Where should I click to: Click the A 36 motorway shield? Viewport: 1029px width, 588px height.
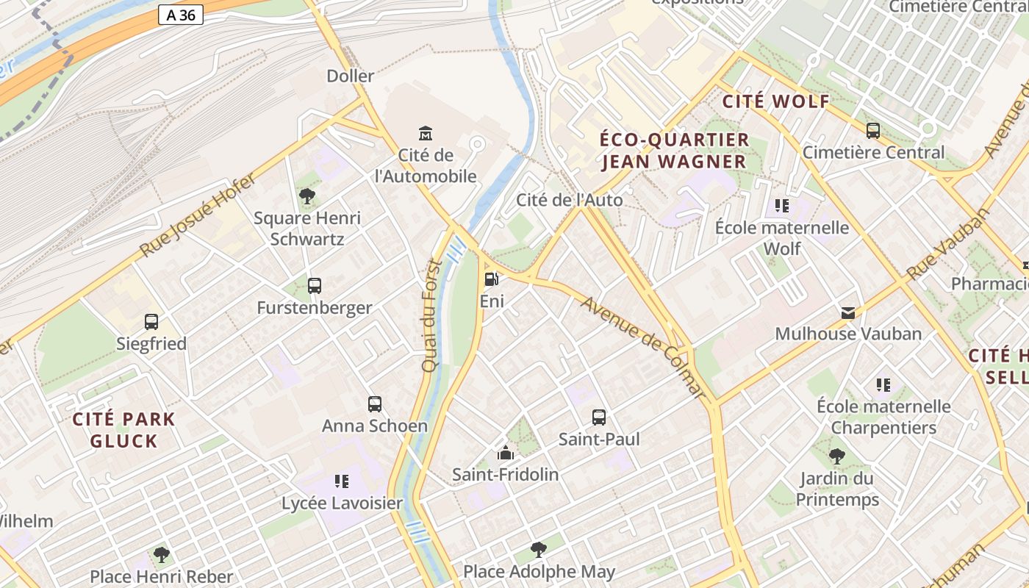coord(180,15)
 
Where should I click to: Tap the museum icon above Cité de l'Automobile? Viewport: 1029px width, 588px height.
coord(426,133)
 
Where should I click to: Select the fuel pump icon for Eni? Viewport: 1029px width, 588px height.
coord(492,279)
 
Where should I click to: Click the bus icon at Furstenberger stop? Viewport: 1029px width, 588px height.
coord(315,286)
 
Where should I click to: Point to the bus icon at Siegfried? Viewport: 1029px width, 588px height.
coord(151,322)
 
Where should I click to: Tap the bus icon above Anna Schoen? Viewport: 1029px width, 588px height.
coord(375,404)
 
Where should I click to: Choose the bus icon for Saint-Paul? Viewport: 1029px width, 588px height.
coord(599,417)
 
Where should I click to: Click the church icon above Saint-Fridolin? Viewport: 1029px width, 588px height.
coord(505,453)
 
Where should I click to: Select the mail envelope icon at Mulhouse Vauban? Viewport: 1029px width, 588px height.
coord(848,313)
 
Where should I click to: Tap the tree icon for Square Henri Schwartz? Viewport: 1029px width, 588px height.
coord(307,196)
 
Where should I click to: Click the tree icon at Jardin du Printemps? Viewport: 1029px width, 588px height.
coord(836,456)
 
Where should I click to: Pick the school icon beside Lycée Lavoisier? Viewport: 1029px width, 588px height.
coord(342,481)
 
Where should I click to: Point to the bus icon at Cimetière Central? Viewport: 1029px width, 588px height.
coord(873,131)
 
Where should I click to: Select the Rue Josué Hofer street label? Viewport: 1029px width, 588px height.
coord(198,215)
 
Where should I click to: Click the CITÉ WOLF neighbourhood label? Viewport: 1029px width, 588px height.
coord(775,101)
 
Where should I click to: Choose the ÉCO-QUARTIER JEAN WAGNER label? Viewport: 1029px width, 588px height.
coord(674,151)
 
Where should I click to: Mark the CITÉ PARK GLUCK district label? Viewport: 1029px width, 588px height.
coord(123,431)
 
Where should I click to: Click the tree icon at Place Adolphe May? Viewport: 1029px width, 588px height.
coord(539,549)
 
